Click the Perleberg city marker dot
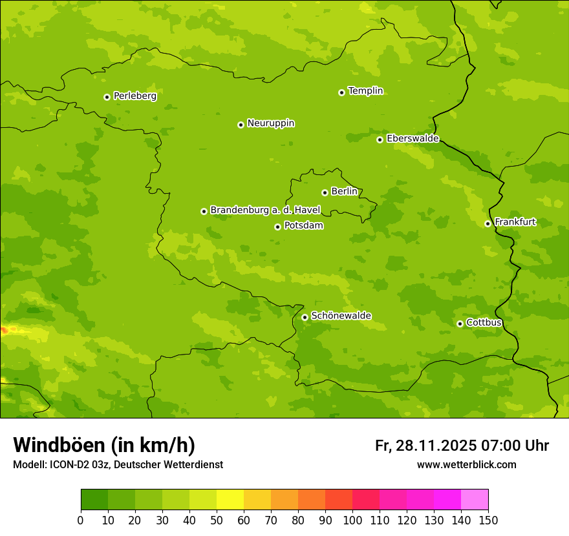(107, 97)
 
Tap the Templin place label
(365, 91)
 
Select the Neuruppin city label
(270, 123)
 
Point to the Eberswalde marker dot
(380, 139)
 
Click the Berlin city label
(344, 192)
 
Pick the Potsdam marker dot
(277, 227)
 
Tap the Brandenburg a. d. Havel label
(265, 211)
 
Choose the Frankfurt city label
(515, 222)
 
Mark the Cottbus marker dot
(460, 324)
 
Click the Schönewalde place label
(341, 316)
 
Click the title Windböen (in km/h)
(104, 445)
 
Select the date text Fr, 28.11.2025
(425, 446)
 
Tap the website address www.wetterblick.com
(466, 464)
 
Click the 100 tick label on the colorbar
(352, 520)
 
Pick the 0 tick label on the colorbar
(81, 520)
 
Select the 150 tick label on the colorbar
(488, 520)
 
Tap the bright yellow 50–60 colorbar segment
(230, 500)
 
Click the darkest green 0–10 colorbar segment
(94, 500)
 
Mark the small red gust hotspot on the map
(5, 330)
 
